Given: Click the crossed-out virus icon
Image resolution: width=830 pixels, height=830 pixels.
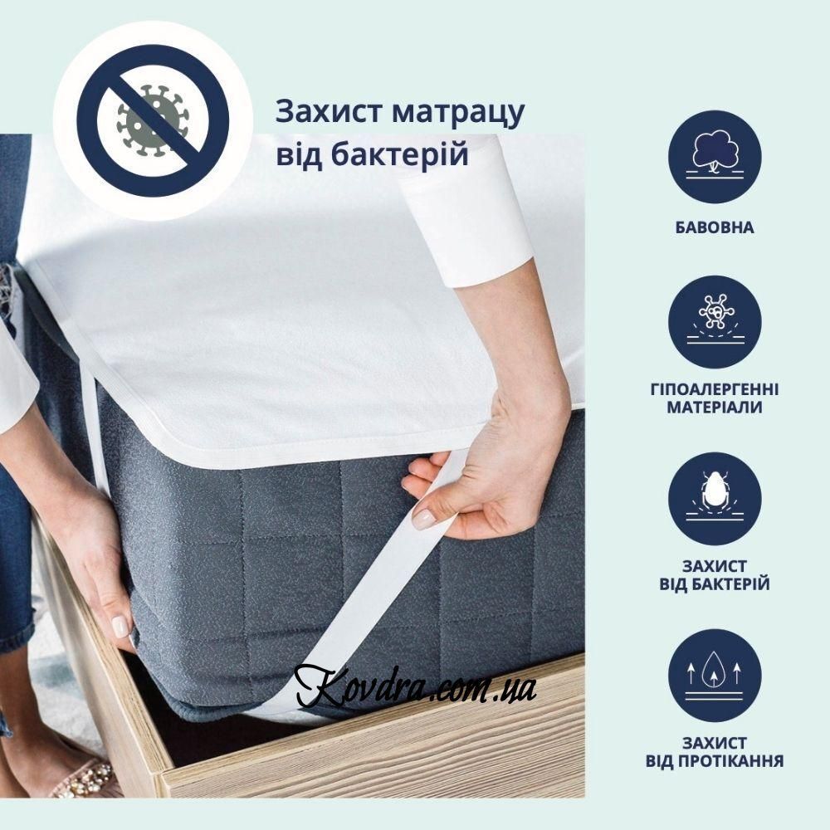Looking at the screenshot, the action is coord(153,121).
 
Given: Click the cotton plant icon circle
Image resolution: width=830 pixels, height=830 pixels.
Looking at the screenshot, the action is coord(715,157).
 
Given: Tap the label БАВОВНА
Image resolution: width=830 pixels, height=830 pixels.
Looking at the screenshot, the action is coord(715,227).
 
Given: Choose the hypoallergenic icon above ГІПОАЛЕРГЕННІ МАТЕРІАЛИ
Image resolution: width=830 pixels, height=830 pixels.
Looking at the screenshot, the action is coord(715,322).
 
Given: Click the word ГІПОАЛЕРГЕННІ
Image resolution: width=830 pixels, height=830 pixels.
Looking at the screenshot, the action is coord(715,389).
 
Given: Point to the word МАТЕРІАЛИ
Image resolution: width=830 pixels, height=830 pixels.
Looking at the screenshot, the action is coord(715,408).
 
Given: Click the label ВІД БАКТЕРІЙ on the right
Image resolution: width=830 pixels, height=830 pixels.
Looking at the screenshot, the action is coord(715,584).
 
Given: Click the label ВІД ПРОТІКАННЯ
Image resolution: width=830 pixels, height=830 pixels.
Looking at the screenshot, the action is coord(715,761).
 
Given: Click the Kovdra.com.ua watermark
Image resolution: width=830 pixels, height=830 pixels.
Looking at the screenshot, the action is coord(416,686).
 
